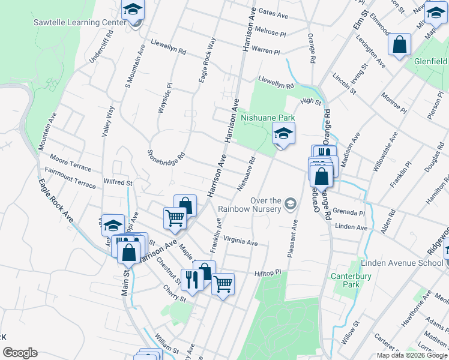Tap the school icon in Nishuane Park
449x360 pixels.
[x=284, y=134]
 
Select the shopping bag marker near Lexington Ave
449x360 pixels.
[x=399, y=45]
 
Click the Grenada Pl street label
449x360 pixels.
[x=351, y=213]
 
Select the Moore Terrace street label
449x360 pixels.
[x=71, y=166]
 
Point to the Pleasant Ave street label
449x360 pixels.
[x=294, y=239]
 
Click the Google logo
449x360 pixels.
[x=20, y=353]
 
